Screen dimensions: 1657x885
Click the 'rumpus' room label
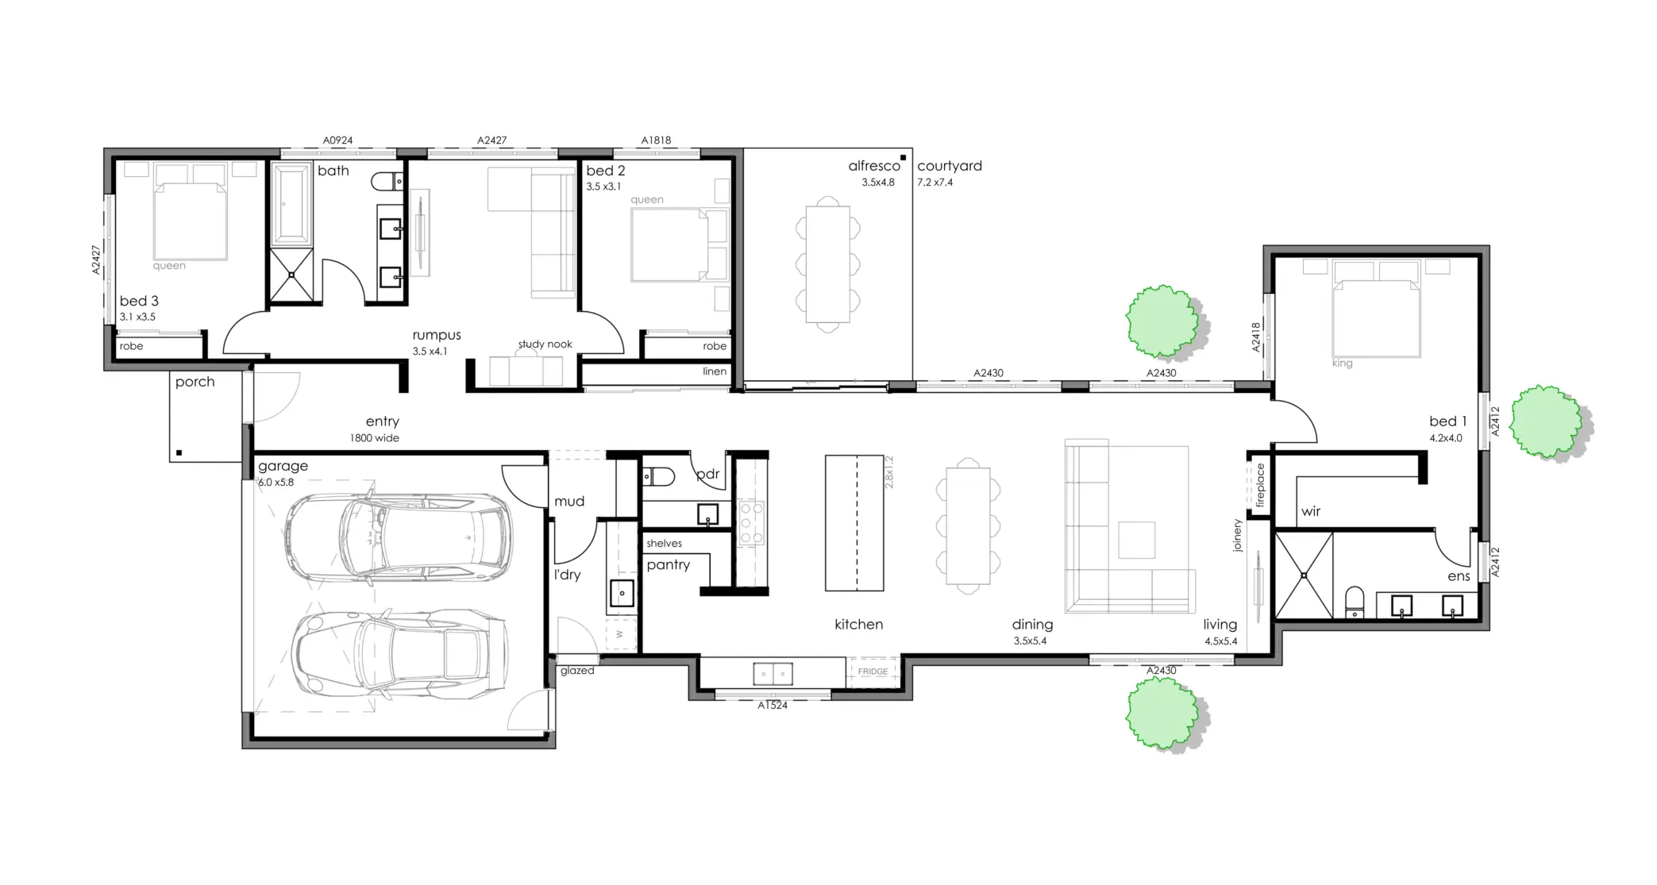coord(436,336)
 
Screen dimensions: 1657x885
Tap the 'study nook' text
coord(545,344)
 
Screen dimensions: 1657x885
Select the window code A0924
coord(337,140)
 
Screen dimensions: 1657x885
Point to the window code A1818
coord(656,140)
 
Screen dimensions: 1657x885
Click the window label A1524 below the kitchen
coord(773,705)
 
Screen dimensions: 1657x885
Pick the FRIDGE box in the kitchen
coord(873,671)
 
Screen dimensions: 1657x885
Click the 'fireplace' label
coord(1259,485)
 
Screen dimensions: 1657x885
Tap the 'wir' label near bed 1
coord(1311,512)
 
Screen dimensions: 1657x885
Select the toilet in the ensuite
coord(1355,602)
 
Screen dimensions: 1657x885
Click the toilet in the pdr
coord(658,476)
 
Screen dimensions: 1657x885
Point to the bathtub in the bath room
coord(292,203)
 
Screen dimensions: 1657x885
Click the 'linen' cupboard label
coord(715,371)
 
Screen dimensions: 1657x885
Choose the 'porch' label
coord(195,382)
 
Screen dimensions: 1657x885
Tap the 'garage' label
coord(283,466)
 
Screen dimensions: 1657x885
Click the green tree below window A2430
coord(1164,716)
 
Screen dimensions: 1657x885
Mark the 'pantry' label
coord(668,565)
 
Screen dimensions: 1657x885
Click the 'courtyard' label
coord(950,166)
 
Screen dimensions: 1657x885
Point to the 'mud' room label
coord(569,502)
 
